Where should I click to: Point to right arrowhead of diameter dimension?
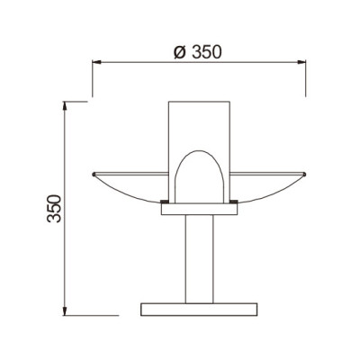(303, 63)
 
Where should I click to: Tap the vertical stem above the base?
(197, 261)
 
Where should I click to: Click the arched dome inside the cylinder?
(197, 175)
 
